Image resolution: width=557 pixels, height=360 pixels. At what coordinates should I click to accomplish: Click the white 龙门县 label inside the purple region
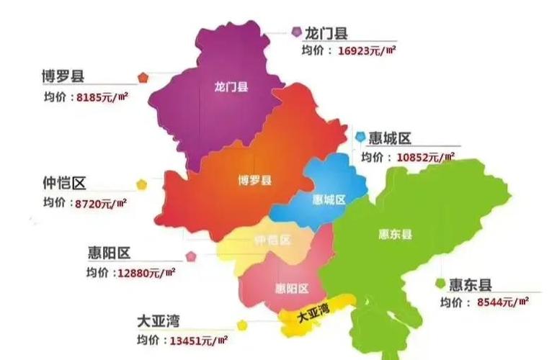231,87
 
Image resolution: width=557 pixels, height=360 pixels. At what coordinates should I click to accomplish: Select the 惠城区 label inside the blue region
330,199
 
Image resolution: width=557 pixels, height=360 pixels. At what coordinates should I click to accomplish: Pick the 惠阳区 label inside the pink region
292,289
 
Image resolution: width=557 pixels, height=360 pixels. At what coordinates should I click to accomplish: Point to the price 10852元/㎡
426,156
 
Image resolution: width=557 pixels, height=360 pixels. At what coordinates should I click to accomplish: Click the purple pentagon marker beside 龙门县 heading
295,32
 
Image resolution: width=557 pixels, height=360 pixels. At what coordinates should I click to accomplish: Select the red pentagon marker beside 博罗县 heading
143,76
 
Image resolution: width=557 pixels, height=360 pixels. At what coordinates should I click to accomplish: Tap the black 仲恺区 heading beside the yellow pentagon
68,184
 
